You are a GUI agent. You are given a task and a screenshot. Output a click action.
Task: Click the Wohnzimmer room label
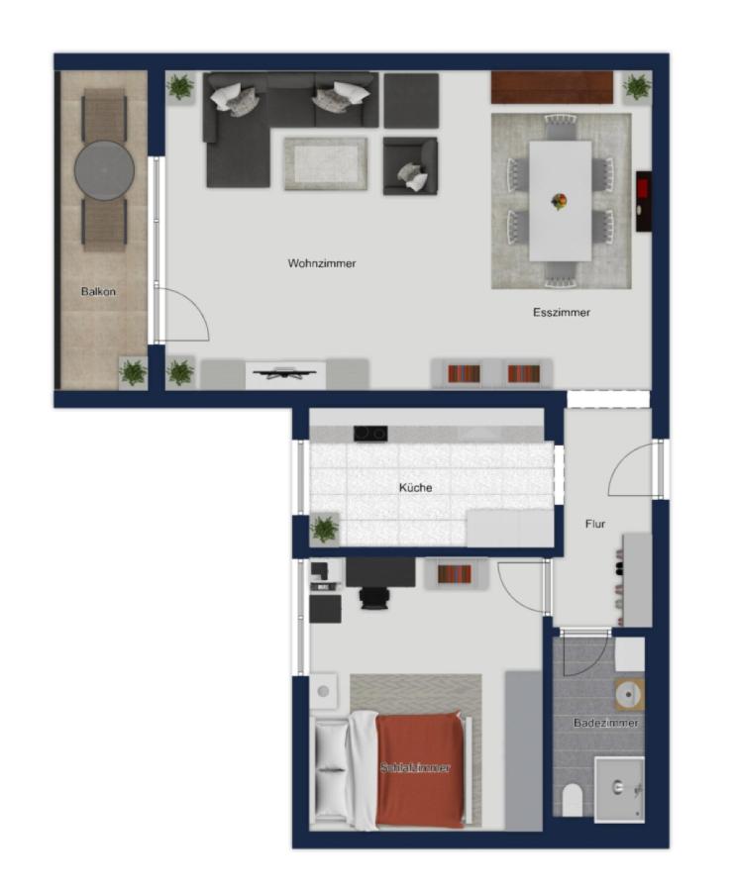click(322, 263)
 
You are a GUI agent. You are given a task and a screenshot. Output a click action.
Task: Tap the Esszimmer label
click(561, 312)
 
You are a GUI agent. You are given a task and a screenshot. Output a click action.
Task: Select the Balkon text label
click(98, 291)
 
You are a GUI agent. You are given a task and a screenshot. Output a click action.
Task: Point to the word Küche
click(415, 487)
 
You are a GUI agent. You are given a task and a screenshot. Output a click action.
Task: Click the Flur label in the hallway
click(595, 524)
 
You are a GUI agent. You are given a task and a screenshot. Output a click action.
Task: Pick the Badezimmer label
click(605, 723)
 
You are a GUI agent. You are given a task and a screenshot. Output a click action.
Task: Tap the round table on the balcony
click(105, 170)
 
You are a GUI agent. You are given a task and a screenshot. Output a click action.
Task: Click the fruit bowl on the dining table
click(560, 201)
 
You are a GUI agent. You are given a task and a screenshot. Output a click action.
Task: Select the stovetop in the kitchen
click(370, 434)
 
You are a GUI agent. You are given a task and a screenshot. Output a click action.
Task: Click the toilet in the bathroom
click(572, 800)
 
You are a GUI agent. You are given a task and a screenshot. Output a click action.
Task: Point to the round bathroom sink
click(630, 694)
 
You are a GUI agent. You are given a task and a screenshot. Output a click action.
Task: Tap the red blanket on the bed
click(420, 769)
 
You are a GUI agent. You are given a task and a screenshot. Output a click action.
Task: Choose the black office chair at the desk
click(375, 598)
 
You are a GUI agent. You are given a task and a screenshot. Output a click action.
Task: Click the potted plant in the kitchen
click(325, 529)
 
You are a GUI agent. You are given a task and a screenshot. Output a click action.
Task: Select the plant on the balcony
click(133, 372)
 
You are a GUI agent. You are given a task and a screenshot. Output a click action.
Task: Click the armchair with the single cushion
click(410, 166)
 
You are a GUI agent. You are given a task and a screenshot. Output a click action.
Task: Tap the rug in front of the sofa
click(325, 163)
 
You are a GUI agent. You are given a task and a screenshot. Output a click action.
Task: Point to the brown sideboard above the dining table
click(552, 87)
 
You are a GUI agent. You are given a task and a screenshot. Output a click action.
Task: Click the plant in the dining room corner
click(637, 87)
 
